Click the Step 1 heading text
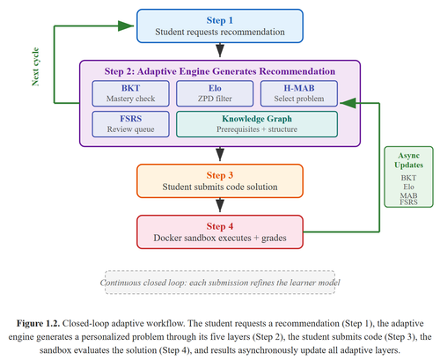click(x=220, y=20)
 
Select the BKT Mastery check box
click(x=130, y=93)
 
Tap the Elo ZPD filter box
click(x=215, y=93)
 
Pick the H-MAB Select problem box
click(x=299, y=93)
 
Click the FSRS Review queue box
click(x=130, y=124)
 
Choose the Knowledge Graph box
click(x=257, y=124)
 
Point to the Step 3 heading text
click(x=220, y=175)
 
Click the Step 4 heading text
click(x=220, y=226)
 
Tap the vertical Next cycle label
click(x=35, y=67)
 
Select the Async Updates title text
click(x=408, y=160)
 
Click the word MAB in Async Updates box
click(x=408, y=195)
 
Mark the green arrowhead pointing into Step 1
click(x=126, y=26)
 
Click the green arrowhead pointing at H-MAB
click(x=348, y=103)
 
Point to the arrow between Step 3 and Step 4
click(x=220, y=205)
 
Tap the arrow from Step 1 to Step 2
click(x=220, y=50)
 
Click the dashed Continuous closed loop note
click(x=220, y=283)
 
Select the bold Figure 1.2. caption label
click(x=38, y=323)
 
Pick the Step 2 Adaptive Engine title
click(x=220, y=71)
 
